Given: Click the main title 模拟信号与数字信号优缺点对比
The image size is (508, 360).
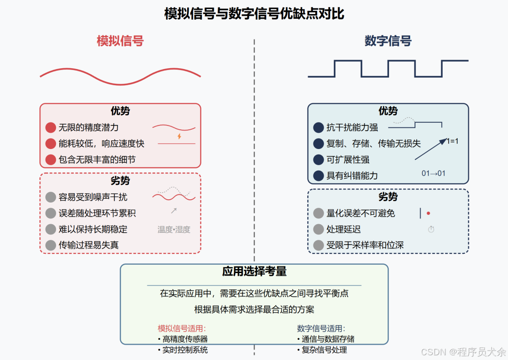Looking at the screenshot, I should click(x=254, y=14).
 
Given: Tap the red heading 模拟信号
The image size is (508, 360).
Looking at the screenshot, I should click(x=120, y=41).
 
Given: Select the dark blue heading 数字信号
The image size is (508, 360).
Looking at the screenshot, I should click(x=388, y=41).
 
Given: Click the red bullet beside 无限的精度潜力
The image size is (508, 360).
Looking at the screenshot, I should click(x=51, y=127).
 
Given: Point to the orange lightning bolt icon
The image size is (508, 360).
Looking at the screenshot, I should click(x=179, y=136).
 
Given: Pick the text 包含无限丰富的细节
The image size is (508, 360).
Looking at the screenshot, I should click(x=97, y=160).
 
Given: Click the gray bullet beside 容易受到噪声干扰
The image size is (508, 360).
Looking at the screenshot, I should click(x=51, y=197).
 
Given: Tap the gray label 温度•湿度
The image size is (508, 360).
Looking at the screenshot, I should click(x=174, y=229).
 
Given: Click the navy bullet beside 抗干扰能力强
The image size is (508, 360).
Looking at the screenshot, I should click(x=318, y=127).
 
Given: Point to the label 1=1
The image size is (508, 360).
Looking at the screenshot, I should click(x=452, y=141).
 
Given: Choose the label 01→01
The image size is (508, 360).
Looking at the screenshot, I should click(x=433, y=173).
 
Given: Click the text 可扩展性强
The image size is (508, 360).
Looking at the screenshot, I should click(x=348, y=160).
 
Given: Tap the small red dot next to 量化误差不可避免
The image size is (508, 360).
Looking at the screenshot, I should click(x=428, y=213).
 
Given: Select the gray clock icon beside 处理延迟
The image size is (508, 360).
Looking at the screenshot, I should click(x=431, y=229).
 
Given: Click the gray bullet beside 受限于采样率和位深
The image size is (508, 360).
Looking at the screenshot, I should click(x=318, y=245).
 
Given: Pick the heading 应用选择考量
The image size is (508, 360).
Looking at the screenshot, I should click(x=254, y=272).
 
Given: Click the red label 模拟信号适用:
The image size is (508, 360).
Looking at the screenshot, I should click(x=182, y=329).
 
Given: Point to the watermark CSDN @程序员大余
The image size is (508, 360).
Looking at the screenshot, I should click(x=463, y=352).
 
